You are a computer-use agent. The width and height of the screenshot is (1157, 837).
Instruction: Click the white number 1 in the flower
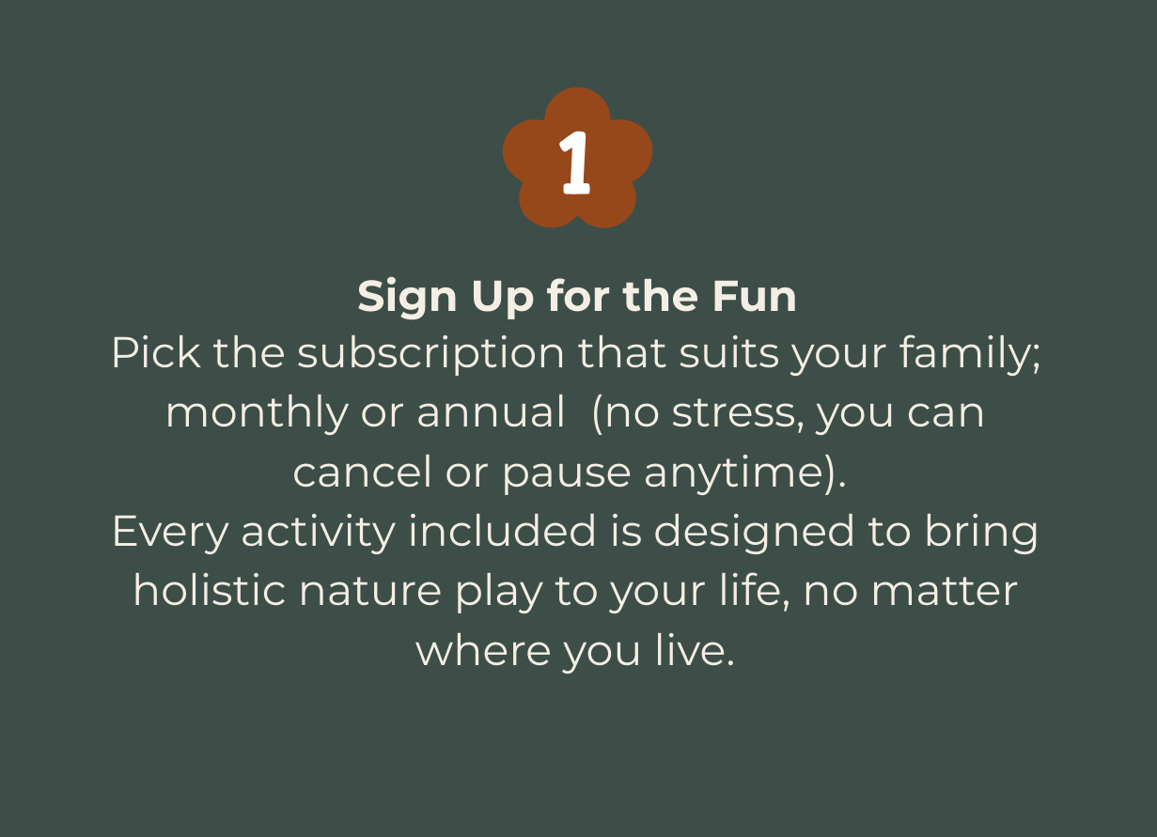[575, 163]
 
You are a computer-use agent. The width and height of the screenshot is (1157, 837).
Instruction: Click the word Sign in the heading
[407, 298]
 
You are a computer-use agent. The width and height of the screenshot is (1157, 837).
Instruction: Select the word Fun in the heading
[754, 297]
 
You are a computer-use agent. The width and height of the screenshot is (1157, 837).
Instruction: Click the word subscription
[430, 355]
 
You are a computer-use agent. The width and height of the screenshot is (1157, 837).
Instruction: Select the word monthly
[258, 413]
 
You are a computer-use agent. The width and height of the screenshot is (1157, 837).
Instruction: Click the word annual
[491, 412]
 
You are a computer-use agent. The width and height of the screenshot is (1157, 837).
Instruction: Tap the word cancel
[362, 472]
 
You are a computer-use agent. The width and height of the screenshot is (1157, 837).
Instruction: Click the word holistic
[210, 590]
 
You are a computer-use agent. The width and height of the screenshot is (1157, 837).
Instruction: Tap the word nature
[369, 592]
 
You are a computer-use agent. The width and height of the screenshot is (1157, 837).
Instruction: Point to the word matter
[945, 592]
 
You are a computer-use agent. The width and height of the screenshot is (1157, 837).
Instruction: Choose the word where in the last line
[483, 651]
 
